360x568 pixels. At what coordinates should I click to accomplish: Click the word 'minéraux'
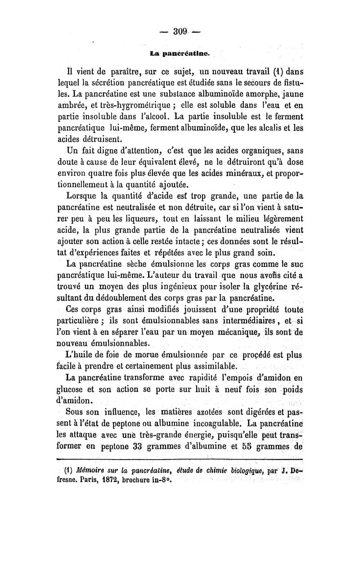pyautogui.click(x=252, y=174)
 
